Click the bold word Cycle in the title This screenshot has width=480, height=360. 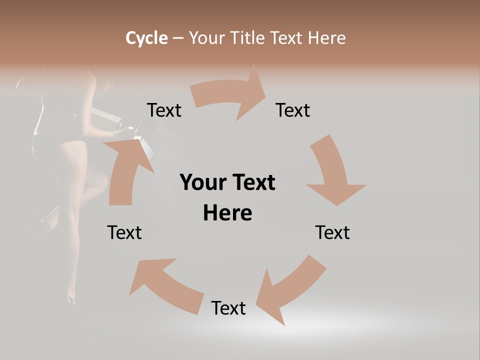(x=146, y=38)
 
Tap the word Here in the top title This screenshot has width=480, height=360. (x=326, y=38)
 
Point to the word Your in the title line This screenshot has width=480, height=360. (x=207, y=38)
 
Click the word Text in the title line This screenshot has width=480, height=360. (x=287, y=38)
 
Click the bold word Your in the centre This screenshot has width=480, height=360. (x=202, y=182)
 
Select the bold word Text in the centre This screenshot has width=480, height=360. (x=253, y=182)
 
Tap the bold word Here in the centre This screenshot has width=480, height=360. (x=227, y=213)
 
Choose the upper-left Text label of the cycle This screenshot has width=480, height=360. (x=164, y=110)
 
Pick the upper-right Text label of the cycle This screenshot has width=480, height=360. (x=293, y=110)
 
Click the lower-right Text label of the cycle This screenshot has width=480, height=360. (x=332, y=232)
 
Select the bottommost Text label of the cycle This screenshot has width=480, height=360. (x=228, y=308)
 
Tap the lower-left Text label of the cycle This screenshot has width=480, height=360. (x=124, y=232)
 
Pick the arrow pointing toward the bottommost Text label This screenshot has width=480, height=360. (x=290, y=287)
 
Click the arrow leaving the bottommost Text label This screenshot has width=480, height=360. (x=165, y=280)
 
